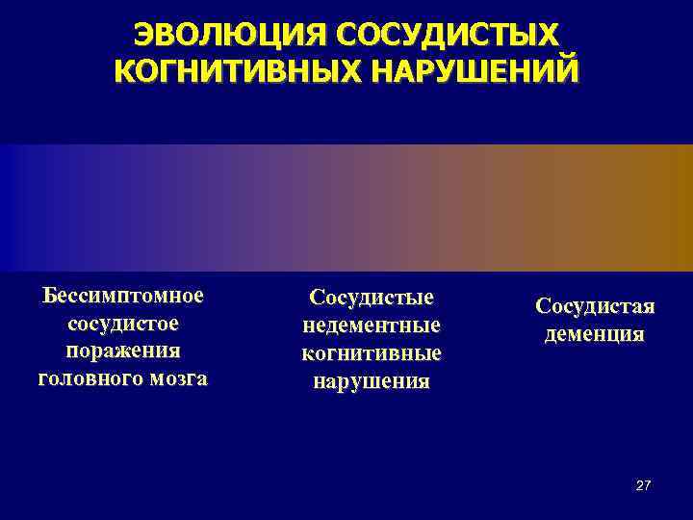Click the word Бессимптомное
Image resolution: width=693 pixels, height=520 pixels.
[122, 294]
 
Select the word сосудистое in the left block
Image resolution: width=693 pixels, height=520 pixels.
[122, 322]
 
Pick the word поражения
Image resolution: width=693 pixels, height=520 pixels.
[122, 350]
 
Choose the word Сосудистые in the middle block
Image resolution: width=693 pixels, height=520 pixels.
[371, 298]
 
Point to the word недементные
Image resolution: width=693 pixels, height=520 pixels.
[371, 325]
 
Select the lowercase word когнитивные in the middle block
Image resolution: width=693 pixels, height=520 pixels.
[371, 353]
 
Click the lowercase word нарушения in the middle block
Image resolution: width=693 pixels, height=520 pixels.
[371, 381]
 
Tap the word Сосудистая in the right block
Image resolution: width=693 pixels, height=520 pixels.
[594, 306]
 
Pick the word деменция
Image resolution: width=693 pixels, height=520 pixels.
[594, 334]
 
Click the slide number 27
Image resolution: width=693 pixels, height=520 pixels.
[643, 485]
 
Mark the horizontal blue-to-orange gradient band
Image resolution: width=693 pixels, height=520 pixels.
[346, 207]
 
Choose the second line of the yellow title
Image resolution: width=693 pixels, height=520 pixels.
[346, 71]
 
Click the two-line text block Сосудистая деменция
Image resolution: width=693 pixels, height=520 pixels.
[594, 320]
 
